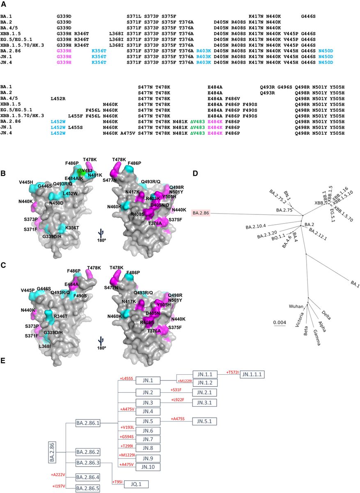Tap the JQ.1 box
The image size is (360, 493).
(134, 484)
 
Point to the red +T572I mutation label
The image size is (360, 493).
(232, 372)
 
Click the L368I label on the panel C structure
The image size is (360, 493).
(38, 346)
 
